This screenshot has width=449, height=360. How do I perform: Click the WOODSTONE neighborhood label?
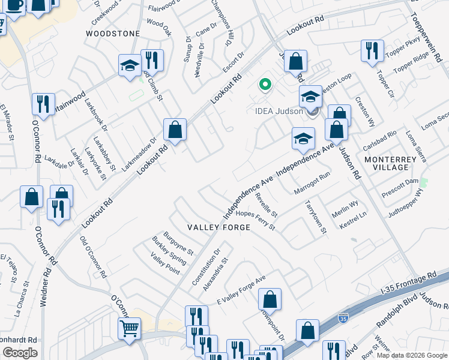coord(113,34)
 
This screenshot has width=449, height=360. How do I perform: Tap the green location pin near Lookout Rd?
coord(264,85)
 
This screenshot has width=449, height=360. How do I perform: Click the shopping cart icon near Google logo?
coord(129,328)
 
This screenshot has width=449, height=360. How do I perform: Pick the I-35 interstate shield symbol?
coord(343,317)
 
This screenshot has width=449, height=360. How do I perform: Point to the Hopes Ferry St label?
coord(255,220)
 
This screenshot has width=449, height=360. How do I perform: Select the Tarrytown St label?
coord(315,217)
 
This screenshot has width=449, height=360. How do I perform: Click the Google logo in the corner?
coord(20,353)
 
